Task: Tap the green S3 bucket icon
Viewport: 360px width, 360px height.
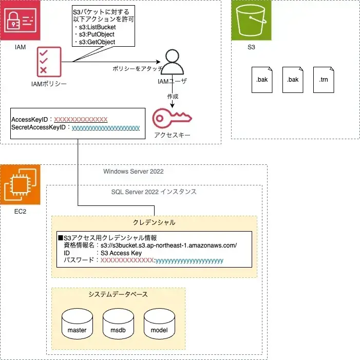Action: [x=251, y=21]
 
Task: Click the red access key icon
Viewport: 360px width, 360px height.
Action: [x=172, y=118]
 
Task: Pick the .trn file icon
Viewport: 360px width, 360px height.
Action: [x=323, y=80]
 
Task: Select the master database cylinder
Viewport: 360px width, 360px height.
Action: [x=77, y=324]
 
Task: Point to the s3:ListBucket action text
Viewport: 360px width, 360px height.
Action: [x=97, y=27]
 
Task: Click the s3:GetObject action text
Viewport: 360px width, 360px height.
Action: [x=97, y=42]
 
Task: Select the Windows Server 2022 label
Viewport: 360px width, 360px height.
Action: [x=134, y=171]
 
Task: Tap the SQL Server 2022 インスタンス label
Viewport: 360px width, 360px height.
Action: [x=154, y=192]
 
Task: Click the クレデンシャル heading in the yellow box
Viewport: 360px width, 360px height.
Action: [x=154, y=222]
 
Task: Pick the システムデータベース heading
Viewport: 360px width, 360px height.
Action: [x=118, y=294]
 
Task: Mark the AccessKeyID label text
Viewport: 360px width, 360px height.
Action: [x=30, y=119]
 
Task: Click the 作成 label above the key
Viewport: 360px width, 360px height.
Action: [x=173, y=96]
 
